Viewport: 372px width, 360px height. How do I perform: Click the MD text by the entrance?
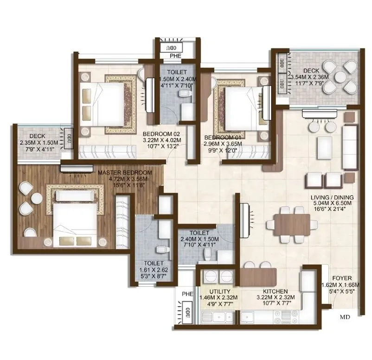tap(345, 317)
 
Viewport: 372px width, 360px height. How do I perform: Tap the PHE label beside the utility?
tap(187, 293)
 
